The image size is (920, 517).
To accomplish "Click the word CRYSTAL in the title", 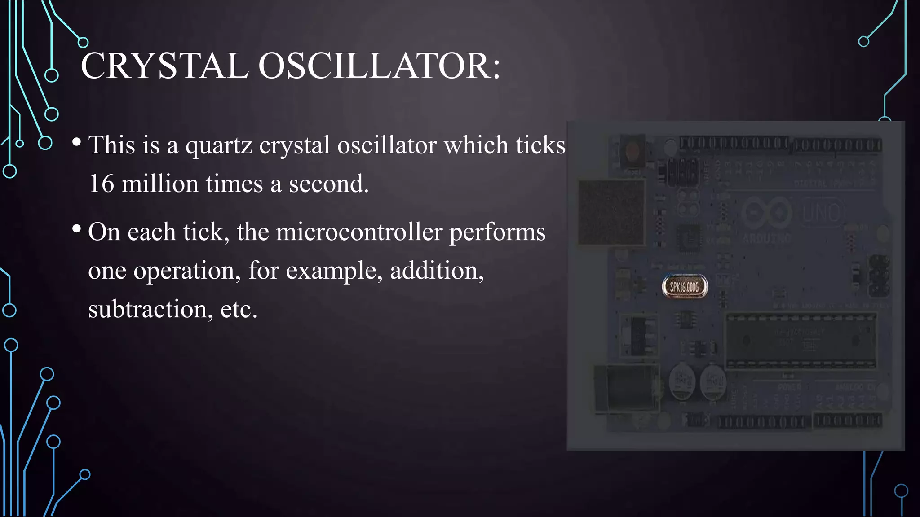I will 164,66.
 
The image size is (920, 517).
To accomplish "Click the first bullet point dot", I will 76,143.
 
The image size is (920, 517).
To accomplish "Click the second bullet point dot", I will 76,229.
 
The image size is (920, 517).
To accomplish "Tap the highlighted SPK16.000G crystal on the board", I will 685,287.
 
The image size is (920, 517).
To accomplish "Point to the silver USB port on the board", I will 611,212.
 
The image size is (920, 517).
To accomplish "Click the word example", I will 334,271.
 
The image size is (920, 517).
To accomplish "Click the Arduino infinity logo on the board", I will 767,212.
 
